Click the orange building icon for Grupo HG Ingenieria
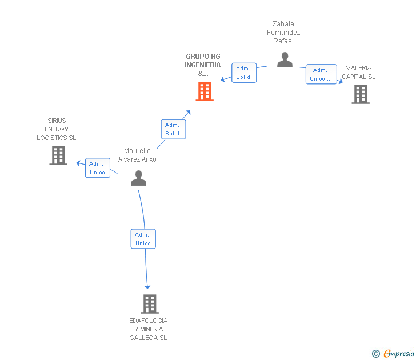205,91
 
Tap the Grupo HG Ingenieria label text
203,65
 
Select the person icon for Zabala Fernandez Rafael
285,59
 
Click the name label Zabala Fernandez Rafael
283,33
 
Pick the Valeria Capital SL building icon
361,94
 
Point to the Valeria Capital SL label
359,73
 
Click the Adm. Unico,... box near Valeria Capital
321,74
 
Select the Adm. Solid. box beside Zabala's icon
244,73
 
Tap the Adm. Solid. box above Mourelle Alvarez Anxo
173,129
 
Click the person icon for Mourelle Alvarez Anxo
138,178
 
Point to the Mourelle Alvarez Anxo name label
137,155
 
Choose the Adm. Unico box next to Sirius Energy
98,168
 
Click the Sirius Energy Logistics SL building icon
58,155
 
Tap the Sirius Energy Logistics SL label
57,129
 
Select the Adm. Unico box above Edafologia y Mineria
143,239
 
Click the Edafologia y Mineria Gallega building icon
149,304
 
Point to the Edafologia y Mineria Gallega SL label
149,329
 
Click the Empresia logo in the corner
398,354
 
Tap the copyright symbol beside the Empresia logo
376,354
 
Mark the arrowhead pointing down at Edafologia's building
147,286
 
